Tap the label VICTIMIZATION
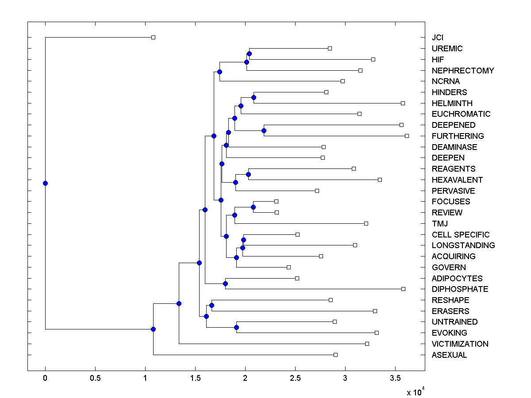(x=460, y=344)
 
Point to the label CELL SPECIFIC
(x=461, y=234)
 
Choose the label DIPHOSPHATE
(x=460, y=289)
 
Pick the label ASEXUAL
(x=449, y=355)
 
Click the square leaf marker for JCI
(x=153, y=37)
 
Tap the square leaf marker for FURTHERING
(x=407, y=136)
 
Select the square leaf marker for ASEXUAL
(x=335, y=355)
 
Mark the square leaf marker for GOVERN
(x=289, y=267)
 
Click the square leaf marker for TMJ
(x=366, y=223)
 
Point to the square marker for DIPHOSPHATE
(x=403, y=289)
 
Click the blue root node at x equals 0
(x=45, y=183)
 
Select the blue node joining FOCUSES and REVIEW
(x=253, y=207)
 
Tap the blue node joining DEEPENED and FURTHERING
(x=264, y=130)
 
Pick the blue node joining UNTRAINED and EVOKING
(x=236, y=327)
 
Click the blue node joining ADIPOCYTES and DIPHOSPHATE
(x=225, y=283)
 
